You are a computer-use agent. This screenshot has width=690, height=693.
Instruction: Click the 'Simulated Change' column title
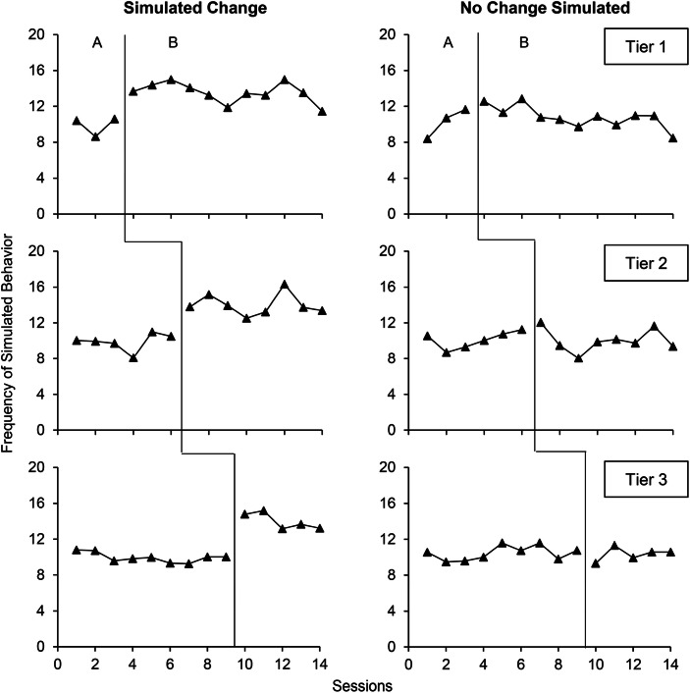185,10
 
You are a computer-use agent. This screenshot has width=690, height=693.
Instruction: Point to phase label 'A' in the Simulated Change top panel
95,43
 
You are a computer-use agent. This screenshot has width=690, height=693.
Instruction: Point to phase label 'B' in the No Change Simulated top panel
523,43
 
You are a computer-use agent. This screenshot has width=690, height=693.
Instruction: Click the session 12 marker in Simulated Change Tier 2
284,285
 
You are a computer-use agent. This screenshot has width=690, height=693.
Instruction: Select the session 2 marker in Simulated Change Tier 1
95,136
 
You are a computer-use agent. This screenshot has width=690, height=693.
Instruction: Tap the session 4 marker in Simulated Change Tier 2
133,358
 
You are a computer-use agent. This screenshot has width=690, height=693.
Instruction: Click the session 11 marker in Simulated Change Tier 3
264,510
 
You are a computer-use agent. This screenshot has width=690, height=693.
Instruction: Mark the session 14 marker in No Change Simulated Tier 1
672,137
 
